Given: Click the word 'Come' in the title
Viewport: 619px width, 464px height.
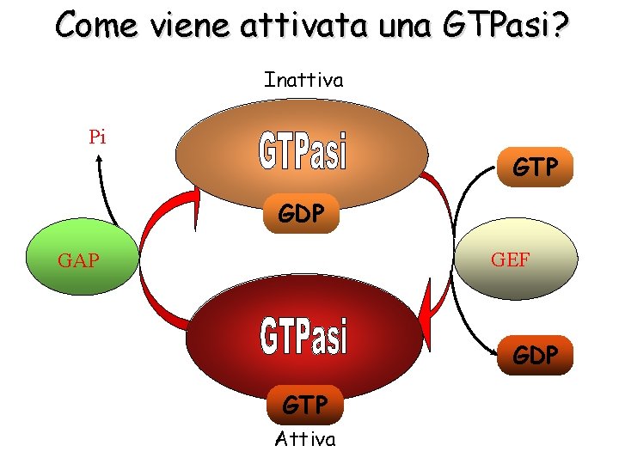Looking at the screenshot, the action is pos(95,25).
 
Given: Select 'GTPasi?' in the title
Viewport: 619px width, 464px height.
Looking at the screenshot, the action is pos(505,25).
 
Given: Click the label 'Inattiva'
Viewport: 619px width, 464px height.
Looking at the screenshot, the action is pos(303,81).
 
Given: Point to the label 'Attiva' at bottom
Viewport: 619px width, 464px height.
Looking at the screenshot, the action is pos(305,440).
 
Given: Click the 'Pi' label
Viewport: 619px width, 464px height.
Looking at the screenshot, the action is pos(97,137).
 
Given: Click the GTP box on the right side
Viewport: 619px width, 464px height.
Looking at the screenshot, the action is pos(536,167).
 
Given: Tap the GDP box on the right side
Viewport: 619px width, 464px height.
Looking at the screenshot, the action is pos(535,354).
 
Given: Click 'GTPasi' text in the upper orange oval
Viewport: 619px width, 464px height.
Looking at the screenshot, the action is pos(303,152).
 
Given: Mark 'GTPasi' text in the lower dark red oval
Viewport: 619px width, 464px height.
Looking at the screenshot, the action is pos(304,337).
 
